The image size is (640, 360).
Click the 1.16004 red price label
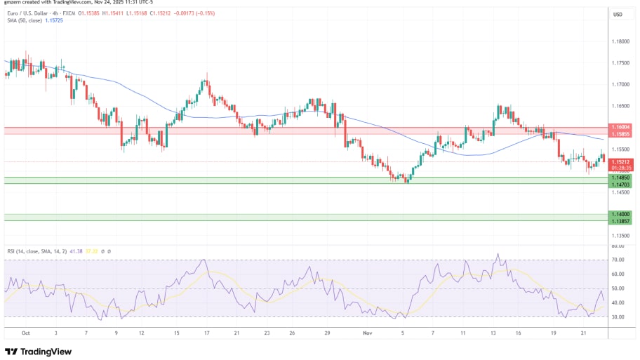[620, 127]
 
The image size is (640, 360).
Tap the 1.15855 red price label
[620, 133]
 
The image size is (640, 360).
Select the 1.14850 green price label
[620, 178]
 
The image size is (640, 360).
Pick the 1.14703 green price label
[620, 184]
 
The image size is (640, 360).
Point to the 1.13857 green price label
[620, 221]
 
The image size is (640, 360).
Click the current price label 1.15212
[620, 161]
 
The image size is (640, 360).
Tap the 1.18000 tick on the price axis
[620, 41]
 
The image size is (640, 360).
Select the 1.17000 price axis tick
[620, 84]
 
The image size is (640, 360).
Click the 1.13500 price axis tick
[620, 236]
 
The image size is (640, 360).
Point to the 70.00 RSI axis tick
[618, 260]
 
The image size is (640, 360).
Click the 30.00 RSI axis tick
[618, 317]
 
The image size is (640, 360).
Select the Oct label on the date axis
[26, 333]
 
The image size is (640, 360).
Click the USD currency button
[618, 15]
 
